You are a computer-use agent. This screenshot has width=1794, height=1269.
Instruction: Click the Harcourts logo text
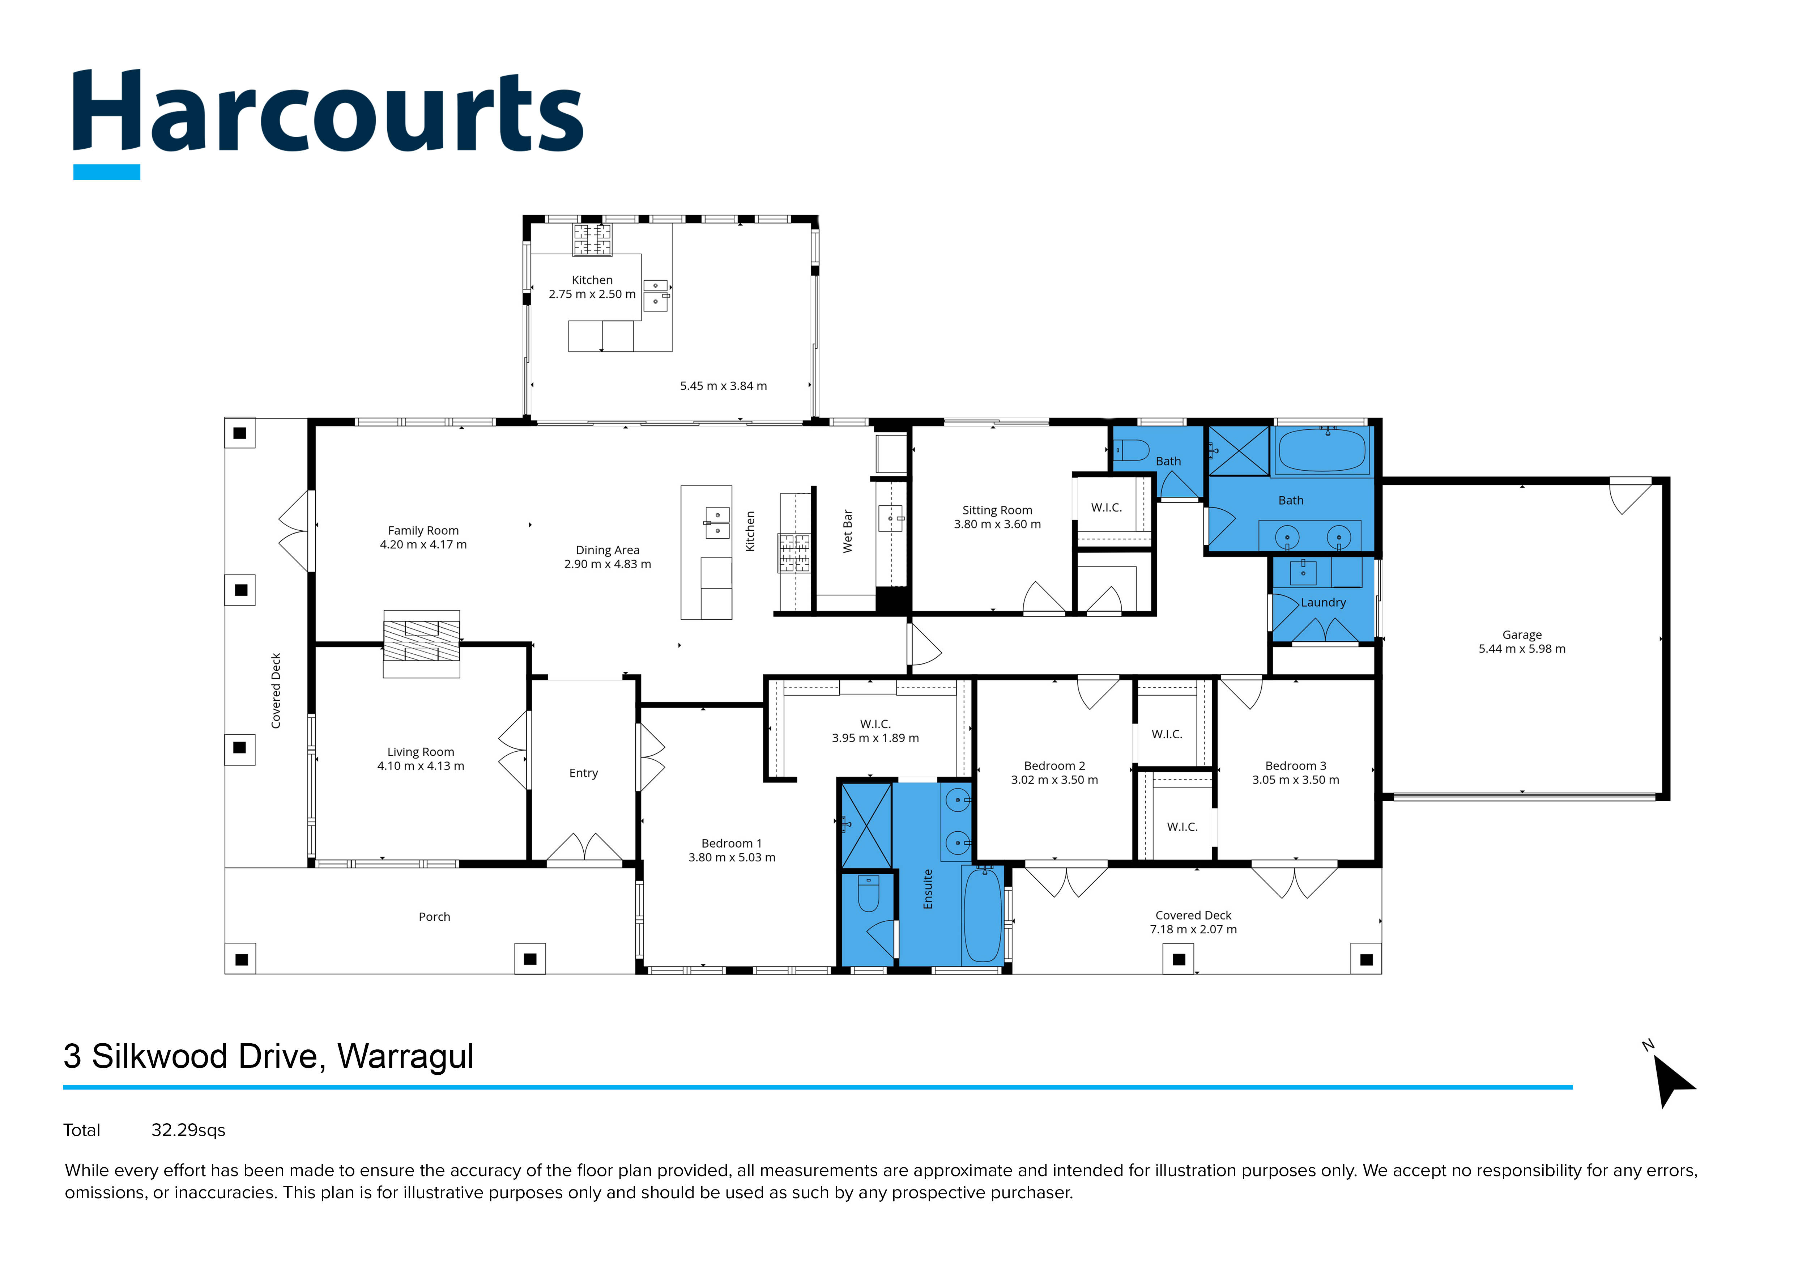point(328,113)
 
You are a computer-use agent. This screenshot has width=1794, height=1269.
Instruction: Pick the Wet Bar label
point(848,531)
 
